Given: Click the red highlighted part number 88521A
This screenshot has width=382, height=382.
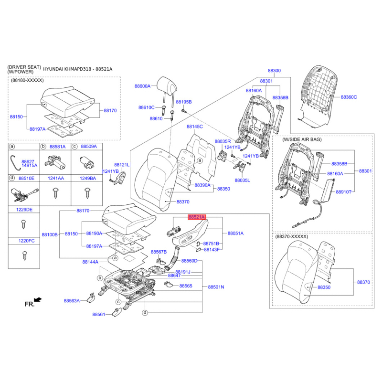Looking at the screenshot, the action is point(197,217).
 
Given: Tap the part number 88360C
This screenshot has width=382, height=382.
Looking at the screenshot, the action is point(349,97).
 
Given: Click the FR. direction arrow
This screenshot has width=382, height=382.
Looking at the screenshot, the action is point(38,299).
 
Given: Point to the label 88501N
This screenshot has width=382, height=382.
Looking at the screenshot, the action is point(216,287).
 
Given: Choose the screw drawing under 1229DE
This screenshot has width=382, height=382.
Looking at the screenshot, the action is point(23,224).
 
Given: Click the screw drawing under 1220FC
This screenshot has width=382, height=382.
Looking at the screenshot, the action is point(24,256).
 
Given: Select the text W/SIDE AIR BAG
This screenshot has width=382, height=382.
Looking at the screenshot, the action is point(302,139).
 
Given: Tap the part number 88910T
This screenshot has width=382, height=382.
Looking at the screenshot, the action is point(343,192).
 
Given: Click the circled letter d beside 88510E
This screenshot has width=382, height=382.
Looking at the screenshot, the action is point(11,178).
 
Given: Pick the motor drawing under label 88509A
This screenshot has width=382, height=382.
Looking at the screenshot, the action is point(87,162).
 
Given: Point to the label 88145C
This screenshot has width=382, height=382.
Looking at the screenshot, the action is point(195,127).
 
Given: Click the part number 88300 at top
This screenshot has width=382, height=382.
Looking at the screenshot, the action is point(274,70).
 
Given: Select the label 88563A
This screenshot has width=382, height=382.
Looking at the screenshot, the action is point(72,301).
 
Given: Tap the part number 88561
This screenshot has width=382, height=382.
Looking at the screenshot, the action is point(99,314).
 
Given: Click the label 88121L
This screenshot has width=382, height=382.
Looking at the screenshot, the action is point(122,165).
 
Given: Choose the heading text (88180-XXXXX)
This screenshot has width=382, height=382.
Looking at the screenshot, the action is point(27,80).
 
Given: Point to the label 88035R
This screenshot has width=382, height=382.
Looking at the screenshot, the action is point(223,141).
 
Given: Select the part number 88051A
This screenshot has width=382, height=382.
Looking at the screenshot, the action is point(235,233).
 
